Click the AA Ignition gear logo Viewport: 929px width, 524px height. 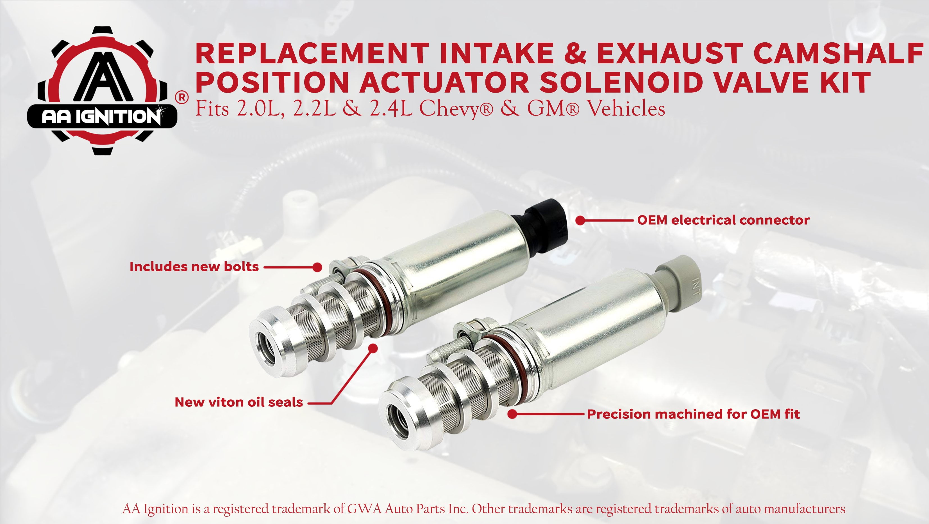103,90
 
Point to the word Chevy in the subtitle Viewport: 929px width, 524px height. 455,108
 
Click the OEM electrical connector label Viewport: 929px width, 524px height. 723,220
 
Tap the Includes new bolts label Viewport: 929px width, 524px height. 194,267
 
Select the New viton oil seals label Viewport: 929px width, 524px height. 239,402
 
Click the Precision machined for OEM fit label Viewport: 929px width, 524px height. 693,414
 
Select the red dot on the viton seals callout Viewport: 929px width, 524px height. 373,348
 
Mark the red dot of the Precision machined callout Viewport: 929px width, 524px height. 512,414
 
